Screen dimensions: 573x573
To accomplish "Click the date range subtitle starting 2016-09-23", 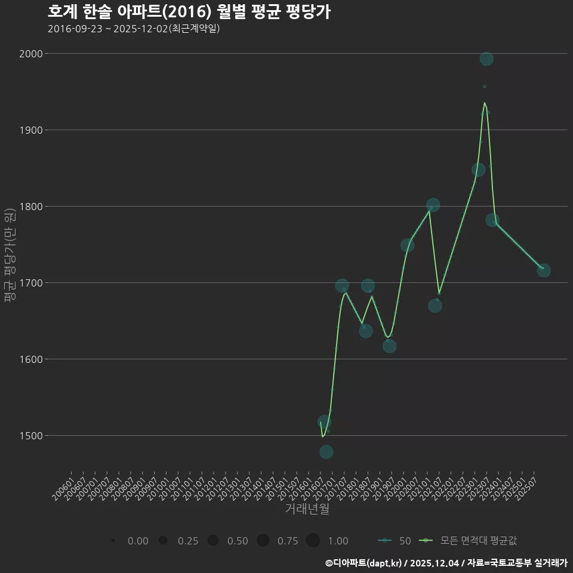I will click(x=134, y=29).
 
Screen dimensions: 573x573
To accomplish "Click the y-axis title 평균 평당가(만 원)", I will click(x=9, y=257).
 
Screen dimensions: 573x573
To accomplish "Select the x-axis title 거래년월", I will click(x=307, y=509).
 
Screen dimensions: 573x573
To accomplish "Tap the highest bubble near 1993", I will click(x=486, y=58).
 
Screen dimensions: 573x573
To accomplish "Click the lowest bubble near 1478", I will click(x=326, y=452).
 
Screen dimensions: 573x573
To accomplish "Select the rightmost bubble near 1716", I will click(x=544, y=270).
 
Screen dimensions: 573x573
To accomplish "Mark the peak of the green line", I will click(x=485, y=103).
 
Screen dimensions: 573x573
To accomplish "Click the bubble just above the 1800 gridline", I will click(x=433, y=205).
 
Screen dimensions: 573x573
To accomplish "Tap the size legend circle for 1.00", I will click(x=313, y=540).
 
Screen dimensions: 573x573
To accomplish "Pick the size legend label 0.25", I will click(x=188, y=541).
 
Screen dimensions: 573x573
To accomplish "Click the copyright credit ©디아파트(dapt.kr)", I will click(x=363, y=562).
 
